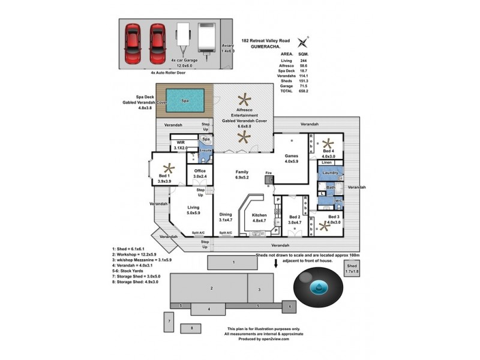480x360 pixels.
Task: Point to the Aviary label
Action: (227, 47)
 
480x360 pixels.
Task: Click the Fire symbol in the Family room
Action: (269, 179)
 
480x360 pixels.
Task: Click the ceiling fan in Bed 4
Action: (328, 143)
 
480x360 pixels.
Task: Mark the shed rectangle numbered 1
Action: (233, 262)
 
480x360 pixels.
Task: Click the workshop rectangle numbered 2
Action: (211, 288)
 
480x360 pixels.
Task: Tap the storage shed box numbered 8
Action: (191, 328)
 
